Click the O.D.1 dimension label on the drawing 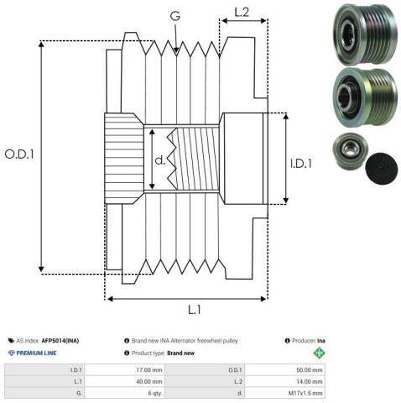coord(19,154)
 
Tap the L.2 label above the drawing coord(242,13)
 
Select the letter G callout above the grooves coord(175,16)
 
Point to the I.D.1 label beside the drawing coord(301,164)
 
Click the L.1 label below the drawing coord(195,310)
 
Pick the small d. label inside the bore coord(160,160)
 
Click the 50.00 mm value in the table coord(310,370)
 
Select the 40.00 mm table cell coord(149,381)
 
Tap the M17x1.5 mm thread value coord(305,393)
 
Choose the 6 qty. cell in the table coord(155,393)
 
